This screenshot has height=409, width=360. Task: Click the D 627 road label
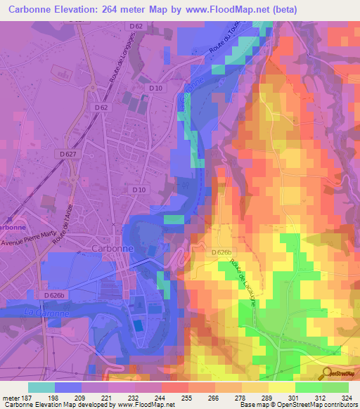click(68, 153)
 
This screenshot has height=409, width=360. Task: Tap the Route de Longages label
click(115, 65)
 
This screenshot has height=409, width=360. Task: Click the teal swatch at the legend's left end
click(41, 387)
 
